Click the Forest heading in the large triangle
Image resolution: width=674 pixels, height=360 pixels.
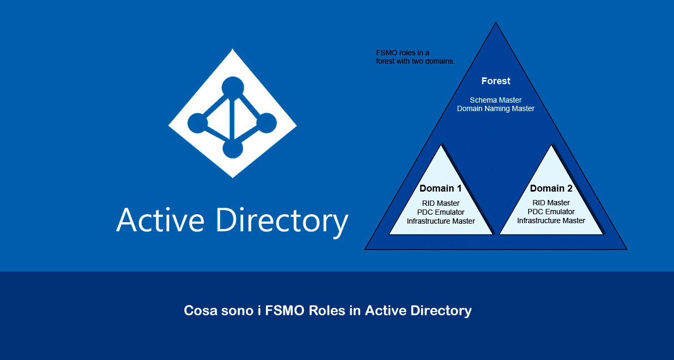coord(495,81)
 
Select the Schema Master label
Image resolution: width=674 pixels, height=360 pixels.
coord(495,100)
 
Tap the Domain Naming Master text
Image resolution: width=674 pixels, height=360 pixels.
coord(495,108)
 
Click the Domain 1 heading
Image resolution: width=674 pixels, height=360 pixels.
coord(441,188)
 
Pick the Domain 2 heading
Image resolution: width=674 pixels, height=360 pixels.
coord(551,188)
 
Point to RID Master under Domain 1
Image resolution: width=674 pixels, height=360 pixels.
coord(441,203)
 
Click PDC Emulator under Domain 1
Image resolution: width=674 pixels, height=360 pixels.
coord(441,212)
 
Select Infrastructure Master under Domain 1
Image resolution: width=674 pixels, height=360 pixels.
coord(441,221)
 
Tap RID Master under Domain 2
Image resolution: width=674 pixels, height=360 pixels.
coord(551,203)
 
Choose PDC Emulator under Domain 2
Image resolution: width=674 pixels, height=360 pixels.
coord(551,212)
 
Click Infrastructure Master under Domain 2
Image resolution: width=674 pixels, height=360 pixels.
coord(551,221)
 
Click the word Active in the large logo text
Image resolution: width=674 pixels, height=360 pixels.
coord(161,219)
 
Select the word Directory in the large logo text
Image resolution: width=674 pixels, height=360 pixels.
coord(282,222)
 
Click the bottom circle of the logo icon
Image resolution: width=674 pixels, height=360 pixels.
coord(233,148)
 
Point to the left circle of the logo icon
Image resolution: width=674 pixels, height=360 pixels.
coord(197,123)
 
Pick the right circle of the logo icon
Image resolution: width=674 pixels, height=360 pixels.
coord(266,123)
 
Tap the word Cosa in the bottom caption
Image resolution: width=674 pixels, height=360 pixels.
coord(201,311)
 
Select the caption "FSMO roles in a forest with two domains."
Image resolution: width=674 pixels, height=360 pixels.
coord(415,57)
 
